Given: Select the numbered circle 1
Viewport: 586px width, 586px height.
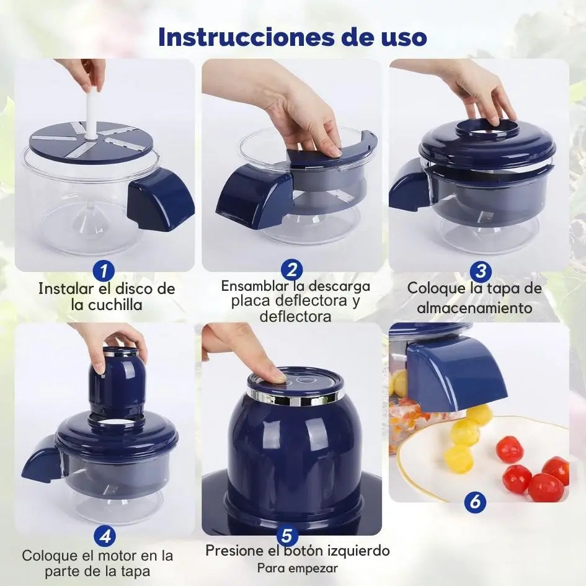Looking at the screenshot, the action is point(104,271).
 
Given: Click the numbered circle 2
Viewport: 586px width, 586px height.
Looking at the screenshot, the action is point(292,270).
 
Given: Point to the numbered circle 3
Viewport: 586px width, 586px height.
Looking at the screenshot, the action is point(480,271).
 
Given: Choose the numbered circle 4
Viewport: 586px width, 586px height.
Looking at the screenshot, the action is point(105,536).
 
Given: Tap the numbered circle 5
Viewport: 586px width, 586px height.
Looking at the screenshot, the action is point(286,536).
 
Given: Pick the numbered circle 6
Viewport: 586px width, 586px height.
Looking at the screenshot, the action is point(475,501).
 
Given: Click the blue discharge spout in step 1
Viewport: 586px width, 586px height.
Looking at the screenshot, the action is point(160,199).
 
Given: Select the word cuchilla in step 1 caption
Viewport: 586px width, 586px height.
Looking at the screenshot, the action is point(115,305).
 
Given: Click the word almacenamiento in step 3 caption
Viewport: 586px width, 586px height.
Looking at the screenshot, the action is point(474,308).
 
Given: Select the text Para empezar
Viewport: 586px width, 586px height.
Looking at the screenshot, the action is point(298,569).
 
